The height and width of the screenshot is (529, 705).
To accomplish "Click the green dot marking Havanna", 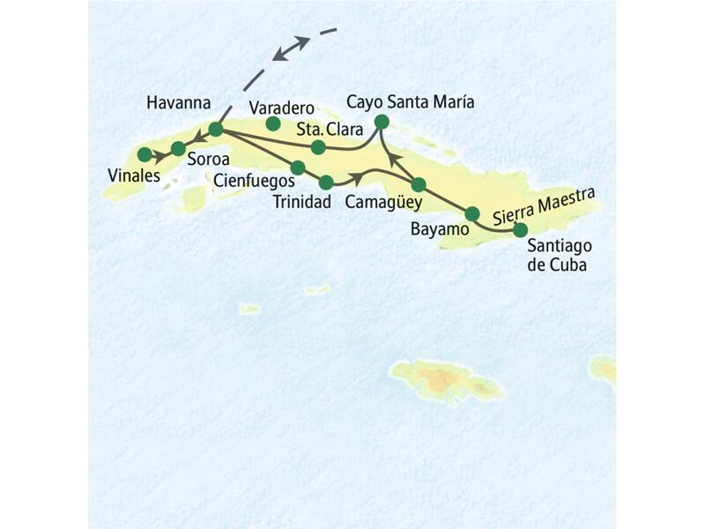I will pos(216,130).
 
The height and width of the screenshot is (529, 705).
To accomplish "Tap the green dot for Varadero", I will pos(273,123).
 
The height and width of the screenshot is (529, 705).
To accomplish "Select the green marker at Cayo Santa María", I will pos(382,121).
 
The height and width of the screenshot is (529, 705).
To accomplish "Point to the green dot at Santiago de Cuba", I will pos(520,229).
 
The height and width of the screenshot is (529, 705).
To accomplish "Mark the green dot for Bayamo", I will pos(472,213).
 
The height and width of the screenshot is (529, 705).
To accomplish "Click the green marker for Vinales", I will pos(145,154).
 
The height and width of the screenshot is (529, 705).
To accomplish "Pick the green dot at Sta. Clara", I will pos(318,146).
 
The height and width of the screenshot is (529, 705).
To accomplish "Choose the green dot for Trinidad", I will pos(326,183).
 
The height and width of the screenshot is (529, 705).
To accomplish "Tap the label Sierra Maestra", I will pos(544,206).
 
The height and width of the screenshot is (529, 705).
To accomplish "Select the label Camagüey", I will pos(383,202).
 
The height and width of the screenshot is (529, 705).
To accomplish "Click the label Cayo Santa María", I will pos(410,102).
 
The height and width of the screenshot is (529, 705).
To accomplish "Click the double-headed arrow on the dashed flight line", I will pos(291,48).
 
